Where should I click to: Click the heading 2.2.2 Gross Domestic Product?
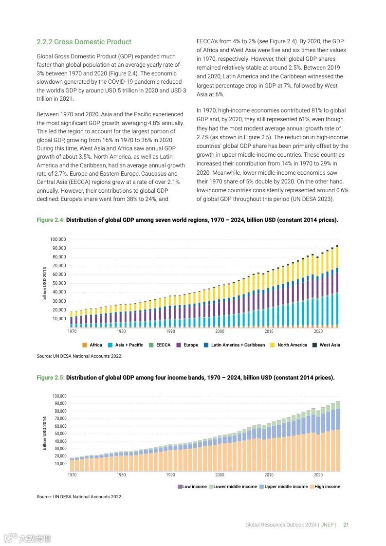tap(84, 42)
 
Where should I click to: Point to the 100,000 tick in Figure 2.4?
tap(58, 239)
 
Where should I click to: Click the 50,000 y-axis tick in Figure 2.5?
tap(59, 434)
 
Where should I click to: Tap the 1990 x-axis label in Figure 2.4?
tap(170, 331)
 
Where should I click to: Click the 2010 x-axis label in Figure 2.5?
tap(269, 475)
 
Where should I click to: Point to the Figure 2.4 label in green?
tap(51, 220)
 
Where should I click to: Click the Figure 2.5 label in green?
tap(51, 378)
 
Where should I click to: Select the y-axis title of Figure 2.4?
tap(45, 284)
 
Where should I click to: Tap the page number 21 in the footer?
tap(346, 525)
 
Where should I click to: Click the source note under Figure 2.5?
tap(79, 497)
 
